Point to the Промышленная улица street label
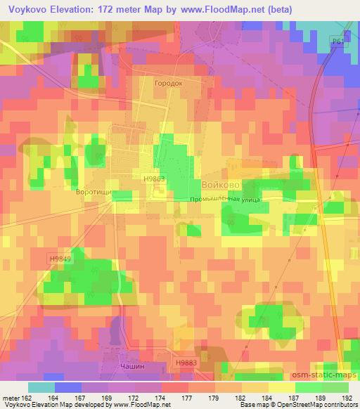point(225,200)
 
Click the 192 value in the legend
point(347,397)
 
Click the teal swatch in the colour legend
point(41,387)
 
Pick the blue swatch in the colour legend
point(67,387)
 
